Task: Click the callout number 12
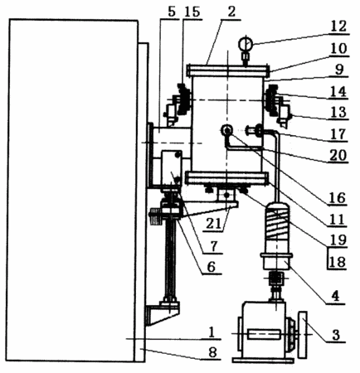click(x=338, y=27)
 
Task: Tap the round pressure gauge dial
click(x=246, y=43)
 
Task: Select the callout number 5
click(x=172, y=12)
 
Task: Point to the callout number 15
click(x=192, y=12)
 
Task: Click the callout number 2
click(x=231, y=12)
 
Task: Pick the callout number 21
click(x=214, y=223)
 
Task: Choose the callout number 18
click(x=338, y=261)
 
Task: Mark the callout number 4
click(x=335, y=296)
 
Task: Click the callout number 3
click(x=336, y=335)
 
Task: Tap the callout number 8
click(x=212, y=352)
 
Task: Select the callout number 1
click(x=212, y=332)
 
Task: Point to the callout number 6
click(x=212, y=267)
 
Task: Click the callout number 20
click(x=338, y=155)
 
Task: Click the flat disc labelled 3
click(x=303, y=335)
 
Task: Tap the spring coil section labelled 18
click(x=277, y=224)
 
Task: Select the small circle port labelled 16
click(x=227, y=129)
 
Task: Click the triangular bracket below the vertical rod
click(x=162, y=313)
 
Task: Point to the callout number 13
click(x=338, y=112)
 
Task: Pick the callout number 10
click(x=339, y=49)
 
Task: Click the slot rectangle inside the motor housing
click(x=264, y=334)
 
